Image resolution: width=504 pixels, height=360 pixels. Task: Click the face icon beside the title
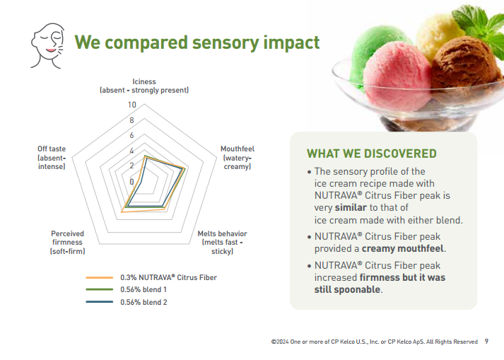click(x=47, y=46)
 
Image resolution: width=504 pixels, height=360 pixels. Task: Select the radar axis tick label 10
click(x=131, y=105)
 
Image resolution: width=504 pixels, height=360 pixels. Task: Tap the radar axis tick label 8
click(x=131, y=120)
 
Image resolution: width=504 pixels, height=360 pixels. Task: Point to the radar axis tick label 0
click(x=131, y=182)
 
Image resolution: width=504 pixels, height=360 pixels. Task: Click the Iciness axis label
click(x=144, y=86)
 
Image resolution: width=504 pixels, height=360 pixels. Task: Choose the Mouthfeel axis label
click(x=238, y=158)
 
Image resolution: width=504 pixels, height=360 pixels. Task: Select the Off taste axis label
click(x=52, y=158)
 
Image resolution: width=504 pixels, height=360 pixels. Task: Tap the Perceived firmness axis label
click(x=67, y=243)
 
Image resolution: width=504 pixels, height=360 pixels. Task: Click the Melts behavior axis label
click(x=222, y=243)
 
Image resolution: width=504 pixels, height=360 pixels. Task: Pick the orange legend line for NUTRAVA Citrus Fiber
click(x=100, y=277)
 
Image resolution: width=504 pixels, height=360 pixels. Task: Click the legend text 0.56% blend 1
click(x=143, y=289)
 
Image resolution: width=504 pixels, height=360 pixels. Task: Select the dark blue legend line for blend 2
click(x=100, y=302)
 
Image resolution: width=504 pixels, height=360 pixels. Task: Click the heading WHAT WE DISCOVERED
click(x=372, y=153)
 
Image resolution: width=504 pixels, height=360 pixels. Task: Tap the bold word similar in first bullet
click(x=351, y=207)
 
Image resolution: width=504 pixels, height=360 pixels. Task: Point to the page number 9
click(x=486, y=342)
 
